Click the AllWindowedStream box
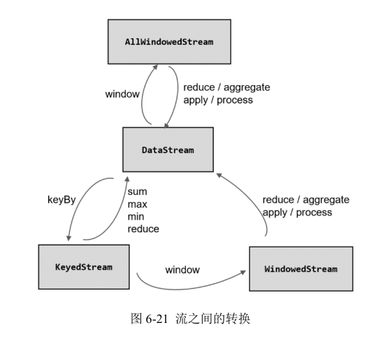click(x=169, y=42)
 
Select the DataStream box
click(x=168, y=150)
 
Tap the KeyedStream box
click(x=84, y=267)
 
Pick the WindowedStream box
click(x=301, y=269)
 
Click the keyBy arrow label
click(x=61, y=200)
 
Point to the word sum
click(x=137, y=192)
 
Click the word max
click(x=137, y=204)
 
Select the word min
click(x=136, y=217)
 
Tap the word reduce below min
click(x=143, y=229)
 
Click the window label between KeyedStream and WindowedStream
click(x=182, y=270)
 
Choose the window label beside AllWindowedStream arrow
click(x=122, y=94)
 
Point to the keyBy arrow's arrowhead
click(x=68, y=238)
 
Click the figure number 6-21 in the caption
click(x=157, y=319)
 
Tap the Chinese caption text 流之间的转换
click(x=213, y=319)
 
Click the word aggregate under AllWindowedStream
click(x=247, y=87)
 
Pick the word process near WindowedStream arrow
click(x=314, y=213)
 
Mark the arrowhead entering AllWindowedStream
click(x=155, y=67)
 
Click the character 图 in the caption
click(x=136, y=319)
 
